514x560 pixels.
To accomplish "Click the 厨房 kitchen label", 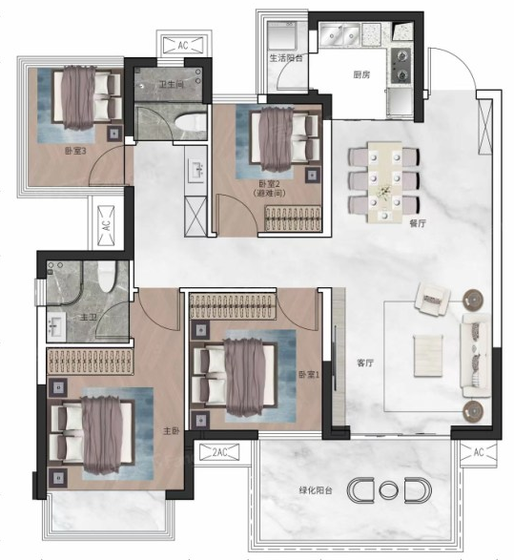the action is (x=361, y=74).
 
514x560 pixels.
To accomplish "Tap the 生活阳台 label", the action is (x=286, y=58).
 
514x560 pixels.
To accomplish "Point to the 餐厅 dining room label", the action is (x=418, y=223).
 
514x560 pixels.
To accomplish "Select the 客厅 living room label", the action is (x=365, y=363).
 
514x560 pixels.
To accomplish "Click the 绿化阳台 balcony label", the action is (x=316, y=490).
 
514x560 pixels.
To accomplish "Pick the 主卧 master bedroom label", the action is (x=171, y=431).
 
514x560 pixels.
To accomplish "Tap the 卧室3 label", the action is (x=75, y=151).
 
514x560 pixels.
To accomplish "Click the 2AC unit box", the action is (x=219, y=452).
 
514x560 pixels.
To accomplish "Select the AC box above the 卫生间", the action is (x=183, y=46).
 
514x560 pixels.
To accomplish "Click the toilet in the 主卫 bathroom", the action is (x=107, y=278).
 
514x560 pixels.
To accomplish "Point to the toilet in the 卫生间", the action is (x=191, y=123).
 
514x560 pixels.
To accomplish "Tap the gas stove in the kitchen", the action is (x=401, y=66).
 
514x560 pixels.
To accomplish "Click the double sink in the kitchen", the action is (x=339, y=35).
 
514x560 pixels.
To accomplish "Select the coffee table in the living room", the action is (x=428, y=356).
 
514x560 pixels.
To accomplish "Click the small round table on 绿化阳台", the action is (x=388, y=489).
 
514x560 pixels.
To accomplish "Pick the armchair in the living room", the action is (x=433, y=300).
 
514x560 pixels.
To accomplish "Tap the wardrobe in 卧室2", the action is (x=293, y=218).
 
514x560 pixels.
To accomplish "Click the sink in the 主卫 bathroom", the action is (x=56, y=327).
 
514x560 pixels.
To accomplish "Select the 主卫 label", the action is (x=88, y=317).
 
